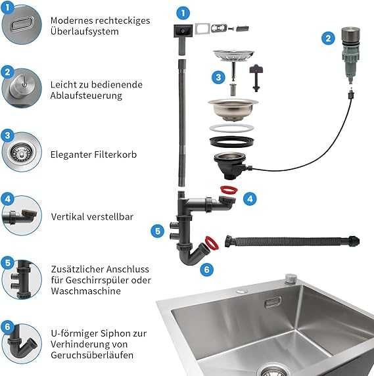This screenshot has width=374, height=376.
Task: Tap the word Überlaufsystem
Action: pos(85,32)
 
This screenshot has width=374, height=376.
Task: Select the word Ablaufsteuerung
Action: pos(86,95)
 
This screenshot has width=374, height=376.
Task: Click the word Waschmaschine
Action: pos(86,291)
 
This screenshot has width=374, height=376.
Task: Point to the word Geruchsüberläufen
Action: pos(92,355)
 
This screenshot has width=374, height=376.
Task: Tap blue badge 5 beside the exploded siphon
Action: pos(158,231)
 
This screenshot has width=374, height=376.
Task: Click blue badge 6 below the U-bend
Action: pos(206,270)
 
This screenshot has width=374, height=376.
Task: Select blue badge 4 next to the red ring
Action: pos(250,199)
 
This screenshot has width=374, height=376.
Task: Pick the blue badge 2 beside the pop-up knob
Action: pos(328,38)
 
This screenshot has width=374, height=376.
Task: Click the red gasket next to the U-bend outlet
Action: pos(212,243)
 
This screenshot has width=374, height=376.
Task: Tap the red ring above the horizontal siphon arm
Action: pos(229,189)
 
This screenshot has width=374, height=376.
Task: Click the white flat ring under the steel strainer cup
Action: pos(231,128)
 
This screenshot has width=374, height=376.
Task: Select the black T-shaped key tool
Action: pos(256,78)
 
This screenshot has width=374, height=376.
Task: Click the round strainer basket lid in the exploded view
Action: pos(234,55)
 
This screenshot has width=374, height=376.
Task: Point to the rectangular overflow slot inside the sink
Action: pos(273,302)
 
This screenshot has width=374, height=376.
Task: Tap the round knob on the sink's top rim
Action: pos(291,278)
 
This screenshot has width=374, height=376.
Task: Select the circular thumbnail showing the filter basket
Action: pos(22,152)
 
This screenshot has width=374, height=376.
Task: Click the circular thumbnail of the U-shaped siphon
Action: pos(22,344)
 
